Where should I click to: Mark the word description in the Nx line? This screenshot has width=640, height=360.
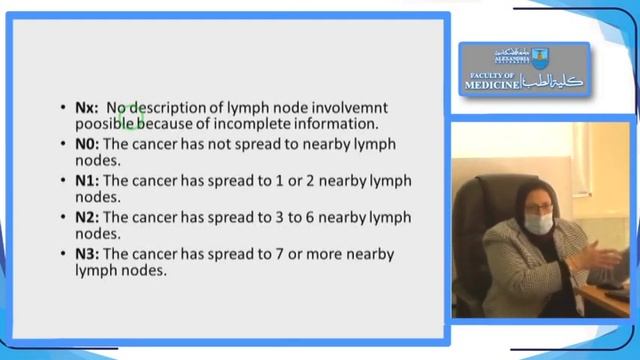pos(171,108)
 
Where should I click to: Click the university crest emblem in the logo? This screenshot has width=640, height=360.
pos(540,58)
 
